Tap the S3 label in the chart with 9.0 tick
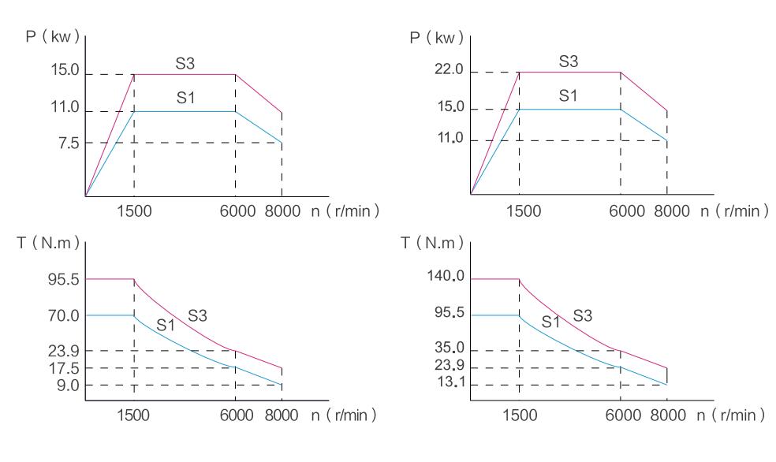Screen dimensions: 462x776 pyautogui.click(x=197, y=315)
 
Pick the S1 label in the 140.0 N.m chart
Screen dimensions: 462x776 pyautogui.click(x=550, y=322)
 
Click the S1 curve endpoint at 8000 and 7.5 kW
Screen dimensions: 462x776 pyautogui.click(x=282, y=143)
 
